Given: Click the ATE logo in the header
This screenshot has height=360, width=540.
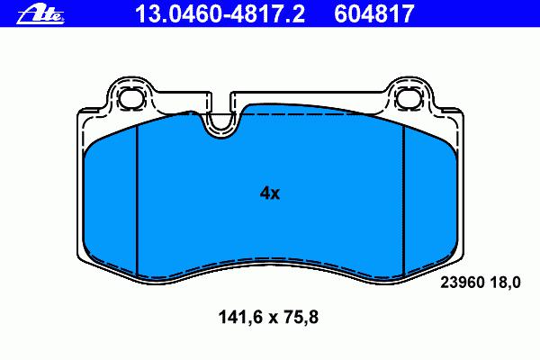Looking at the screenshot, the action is click(x=40, y=15).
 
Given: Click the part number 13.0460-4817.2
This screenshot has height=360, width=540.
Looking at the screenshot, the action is click(x=220, y=13).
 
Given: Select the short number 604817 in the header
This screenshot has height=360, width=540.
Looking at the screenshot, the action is click(x=374, y=13).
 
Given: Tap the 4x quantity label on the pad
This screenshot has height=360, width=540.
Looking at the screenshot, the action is click(x=270, y=193).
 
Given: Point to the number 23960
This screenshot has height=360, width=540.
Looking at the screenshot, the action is click(x=463, y=283).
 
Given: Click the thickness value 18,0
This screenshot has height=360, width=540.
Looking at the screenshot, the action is click(x=506, y=283).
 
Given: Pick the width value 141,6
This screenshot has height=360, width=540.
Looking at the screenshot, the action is click(x=239, y=317).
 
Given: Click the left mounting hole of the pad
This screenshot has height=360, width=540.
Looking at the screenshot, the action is click(x=131, y=98).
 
